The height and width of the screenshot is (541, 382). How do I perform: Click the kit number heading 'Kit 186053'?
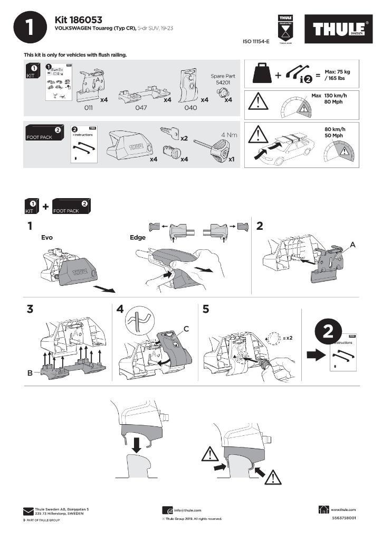pos(79,20)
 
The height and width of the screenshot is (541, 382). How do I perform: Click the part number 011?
pos(89,107)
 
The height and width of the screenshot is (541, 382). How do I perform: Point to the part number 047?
pos(141,107)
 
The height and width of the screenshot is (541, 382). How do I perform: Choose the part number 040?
pos(190,107)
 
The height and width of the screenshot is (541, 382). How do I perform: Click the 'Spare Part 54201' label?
pos(222,80)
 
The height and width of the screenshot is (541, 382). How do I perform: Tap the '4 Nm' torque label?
pos(228,135)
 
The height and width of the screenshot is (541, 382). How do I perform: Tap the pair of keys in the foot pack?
pos(169,133)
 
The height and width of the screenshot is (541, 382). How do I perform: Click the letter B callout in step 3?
pos(30,373)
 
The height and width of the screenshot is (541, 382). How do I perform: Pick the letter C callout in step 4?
pos(186,329)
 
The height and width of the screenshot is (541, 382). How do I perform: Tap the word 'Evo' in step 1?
pos(47,238)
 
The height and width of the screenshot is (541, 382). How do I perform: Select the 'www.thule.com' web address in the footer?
pos(343,509)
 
